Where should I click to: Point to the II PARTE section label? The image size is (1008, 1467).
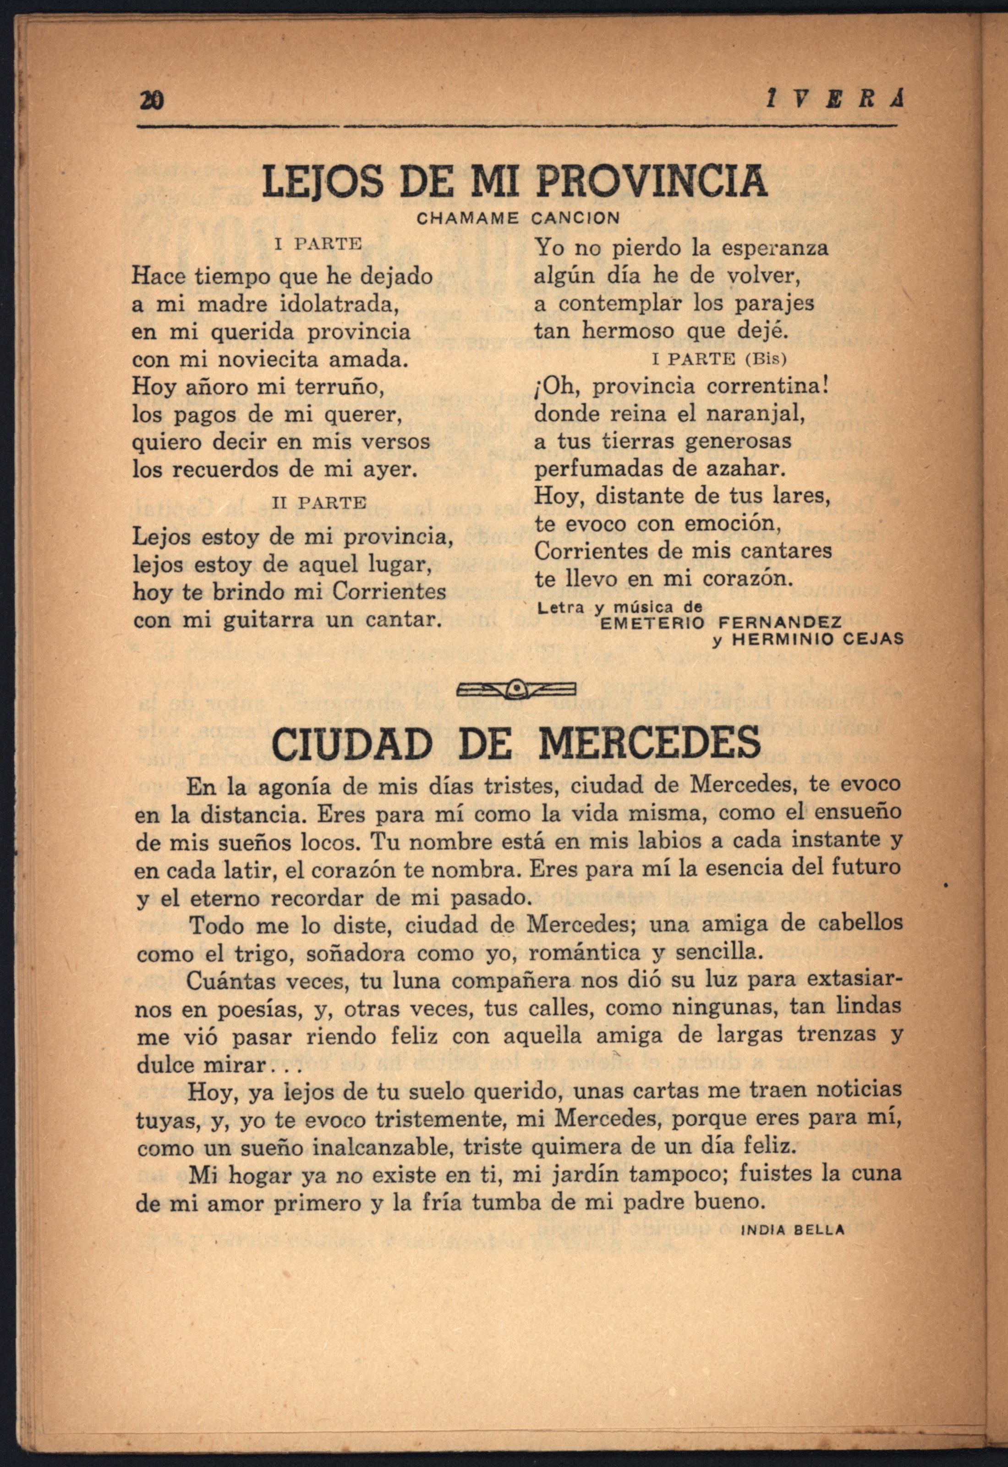[319, 503]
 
